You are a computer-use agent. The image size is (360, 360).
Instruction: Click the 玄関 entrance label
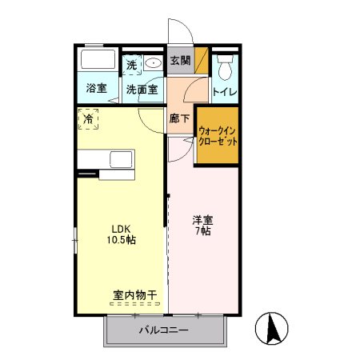tap(180, 60)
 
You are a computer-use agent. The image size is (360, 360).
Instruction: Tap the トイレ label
tap(224, 92)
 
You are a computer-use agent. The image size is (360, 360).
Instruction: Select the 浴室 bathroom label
tap(97, 89)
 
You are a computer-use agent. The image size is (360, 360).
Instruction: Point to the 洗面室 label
tap(142, 89)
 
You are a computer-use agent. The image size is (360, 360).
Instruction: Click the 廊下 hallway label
tap(180, 119)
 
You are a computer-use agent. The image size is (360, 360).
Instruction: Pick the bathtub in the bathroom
tap(98, 61)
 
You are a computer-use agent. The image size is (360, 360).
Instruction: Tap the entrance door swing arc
tap(182, 32)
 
